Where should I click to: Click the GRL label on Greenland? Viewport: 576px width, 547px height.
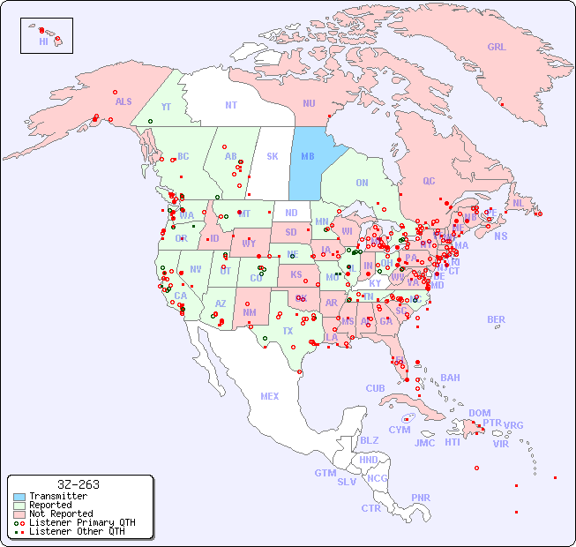(497, 48)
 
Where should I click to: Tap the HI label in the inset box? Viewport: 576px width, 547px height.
(43, 41)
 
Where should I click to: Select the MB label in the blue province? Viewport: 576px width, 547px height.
(308, 156)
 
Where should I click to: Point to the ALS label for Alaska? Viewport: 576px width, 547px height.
(123, 101)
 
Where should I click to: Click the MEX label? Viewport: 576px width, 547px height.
(270, 396)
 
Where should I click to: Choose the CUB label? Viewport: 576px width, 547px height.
(375, 388)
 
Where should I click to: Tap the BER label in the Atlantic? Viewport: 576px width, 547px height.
(497, 319)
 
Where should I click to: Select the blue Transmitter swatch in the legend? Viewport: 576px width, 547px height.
(19, 497)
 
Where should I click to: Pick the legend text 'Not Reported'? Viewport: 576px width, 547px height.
(61, 513)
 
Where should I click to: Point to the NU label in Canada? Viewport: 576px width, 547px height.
(309, 103)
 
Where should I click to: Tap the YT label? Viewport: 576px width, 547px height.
(166, 107)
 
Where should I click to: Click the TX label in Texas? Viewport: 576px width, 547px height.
(288, 331)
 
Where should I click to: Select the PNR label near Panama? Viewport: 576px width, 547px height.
(421, 498)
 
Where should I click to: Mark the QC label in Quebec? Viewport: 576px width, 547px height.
(429, 181)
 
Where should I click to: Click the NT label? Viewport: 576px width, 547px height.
(231, 105)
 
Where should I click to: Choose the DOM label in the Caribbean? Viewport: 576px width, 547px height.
(479, 413)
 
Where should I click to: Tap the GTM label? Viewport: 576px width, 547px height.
(325, 473)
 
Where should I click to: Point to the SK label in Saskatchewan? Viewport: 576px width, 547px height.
(273, 156)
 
